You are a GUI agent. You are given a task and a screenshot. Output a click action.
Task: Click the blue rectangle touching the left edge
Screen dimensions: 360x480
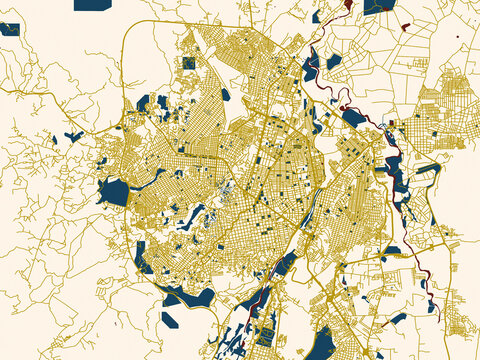pos(10,28)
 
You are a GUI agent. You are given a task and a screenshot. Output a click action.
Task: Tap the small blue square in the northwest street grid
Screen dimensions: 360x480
pos(187,63)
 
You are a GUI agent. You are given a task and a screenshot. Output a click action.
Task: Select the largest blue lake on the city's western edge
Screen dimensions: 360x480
pos(115,191)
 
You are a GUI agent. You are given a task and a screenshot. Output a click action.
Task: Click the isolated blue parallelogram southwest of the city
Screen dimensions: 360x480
pos(171,320)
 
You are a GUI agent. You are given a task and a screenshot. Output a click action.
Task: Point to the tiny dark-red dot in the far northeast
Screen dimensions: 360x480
pos(457,36)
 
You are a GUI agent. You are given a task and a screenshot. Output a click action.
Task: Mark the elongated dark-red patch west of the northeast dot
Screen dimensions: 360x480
pos(405,26)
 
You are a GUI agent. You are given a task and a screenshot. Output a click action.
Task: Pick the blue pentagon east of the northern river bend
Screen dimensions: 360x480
pos(334,62)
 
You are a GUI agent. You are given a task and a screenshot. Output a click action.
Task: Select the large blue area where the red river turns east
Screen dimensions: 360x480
pos(356,118)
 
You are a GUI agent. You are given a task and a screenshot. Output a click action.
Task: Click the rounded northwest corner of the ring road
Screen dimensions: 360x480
pos(130,40)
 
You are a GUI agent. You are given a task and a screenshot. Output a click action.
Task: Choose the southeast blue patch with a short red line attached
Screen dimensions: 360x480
pos(398,319)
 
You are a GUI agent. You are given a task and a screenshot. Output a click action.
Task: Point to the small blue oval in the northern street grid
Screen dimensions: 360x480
pos(226,95)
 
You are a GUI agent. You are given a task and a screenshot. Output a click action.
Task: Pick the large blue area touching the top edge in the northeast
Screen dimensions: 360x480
pos(379,6)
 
